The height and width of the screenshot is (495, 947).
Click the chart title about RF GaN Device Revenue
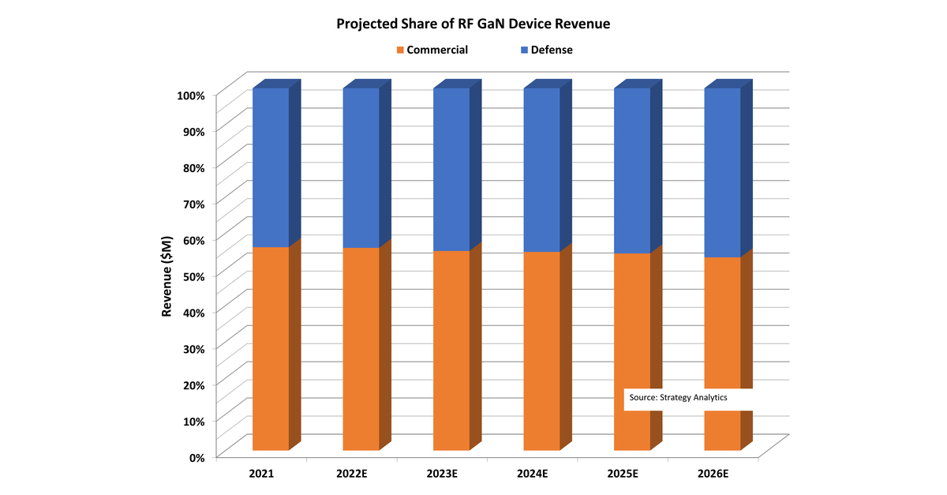473,24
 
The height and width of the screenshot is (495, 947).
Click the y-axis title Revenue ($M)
167,275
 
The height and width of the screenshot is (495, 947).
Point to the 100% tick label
191,95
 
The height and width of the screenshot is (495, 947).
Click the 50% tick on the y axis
194,276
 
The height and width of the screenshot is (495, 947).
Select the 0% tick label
197,456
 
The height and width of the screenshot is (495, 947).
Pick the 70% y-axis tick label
194,203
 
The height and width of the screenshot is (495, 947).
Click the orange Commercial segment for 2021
271,347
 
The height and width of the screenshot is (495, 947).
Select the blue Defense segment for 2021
271,167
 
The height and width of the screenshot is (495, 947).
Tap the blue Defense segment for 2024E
541,170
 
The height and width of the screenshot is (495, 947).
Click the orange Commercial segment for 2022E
361,347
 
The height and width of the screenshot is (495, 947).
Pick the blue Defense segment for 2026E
722,172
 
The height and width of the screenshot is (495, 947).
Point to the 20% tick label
194,384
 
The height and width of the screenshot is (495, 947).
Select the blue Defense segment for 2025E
632,171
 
